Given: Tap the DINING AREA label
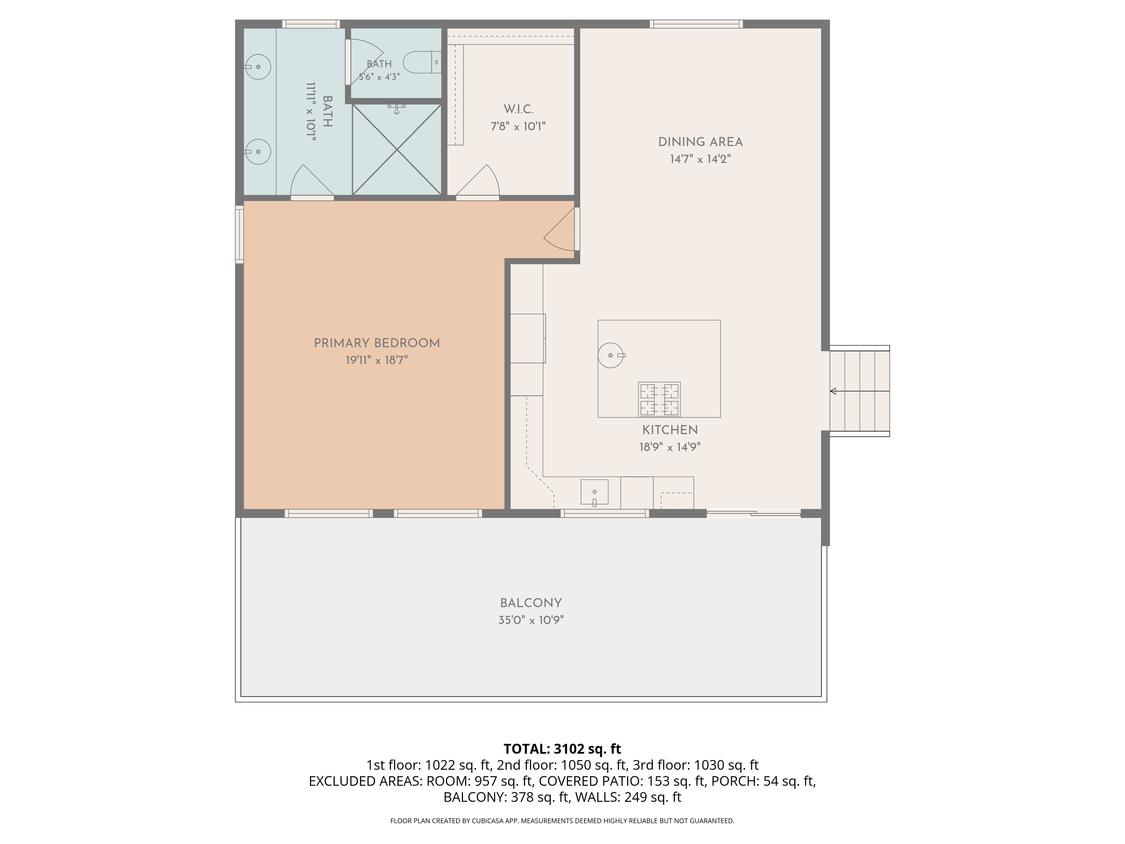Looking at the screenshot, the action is pos(700,142).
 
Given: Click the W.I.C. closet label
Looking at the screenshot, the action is pos(518,109).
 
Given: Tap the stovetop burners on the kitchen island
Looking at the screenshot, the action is pos(660,400).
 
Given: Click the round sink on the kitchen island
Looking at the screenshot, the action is pos(611,355).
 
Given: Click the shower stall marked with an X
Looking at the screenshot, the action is pos(397,150).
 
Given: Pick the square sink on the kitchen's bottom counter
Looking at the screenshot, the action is pos(595,492).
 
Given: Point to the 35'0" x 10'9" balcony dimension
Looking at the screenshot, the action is pos(531,620).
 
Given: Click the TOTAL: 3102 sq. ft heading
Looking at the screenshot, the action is pos(562,749).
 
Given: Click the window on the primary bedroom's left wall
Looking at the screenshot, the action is pos(239,234).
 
